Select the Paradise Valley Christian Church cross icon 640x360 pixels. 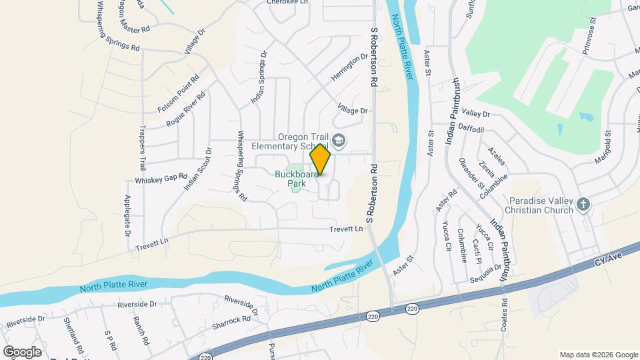point(583,205)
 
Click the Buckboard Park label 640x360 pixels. point(291,179)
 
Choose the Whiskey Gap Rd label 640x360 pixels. point(161,179)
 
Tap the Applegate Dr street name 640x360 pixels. point(127,217)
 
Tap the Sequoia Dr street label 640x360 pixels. point(485,274)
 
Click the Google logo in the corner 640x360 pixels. point(22,351)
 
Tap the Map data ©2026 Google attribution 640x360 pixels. point(598,355)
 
